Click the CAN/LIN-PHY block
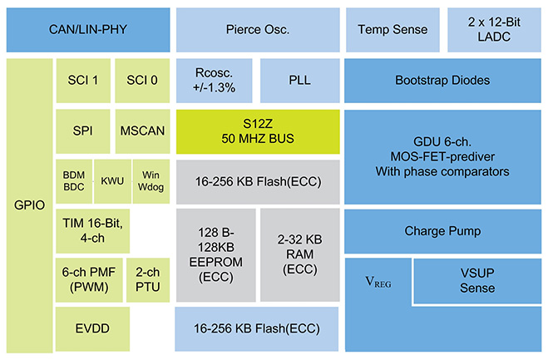pyautogui.click(x=88, y=30)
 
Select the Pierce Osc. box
pyautogui.click(x=258, y=30)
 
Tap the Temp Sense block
pyautogui.click(x=392, y=30)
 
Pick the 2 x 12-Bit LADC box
pyautogui.click(x=494, y=30)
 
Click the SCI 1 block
pyautogui.click(x=83, y=81)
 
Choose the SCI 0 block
pyautogui.click(x=142, y=81)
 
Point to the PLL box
pyautogui.click(x=300, y=81)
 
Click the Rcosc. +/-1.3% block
pyautogui.click(x=215, y=81)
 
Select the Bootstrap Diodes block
pyautogui.click(x=442, y=81)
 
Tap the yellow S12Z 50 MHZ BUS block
pyautogui.click(x=258, y=131)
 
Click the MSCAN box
pyautogui.click(x=142, y=131)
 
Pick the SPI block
pyautogui.click(x=83, y=131)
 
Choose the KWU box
pyautogui.click(x=112, y=181)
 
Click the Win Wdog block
pyautogui.click(x=151, y=181)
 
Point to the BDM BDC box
pyautogui.click(x=74, y=181)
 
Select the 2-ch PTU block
pyautogui.click(x=148, y=280)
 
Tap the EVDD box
pyautogui.click(x=92, y=329)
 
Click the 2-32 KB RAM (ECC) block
pyautogui.click(x=300, y=255)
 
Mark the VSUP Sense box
pyautogui.click(x=477, y=281)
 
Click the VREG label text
pyautogui.click(x=378, y=282)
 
